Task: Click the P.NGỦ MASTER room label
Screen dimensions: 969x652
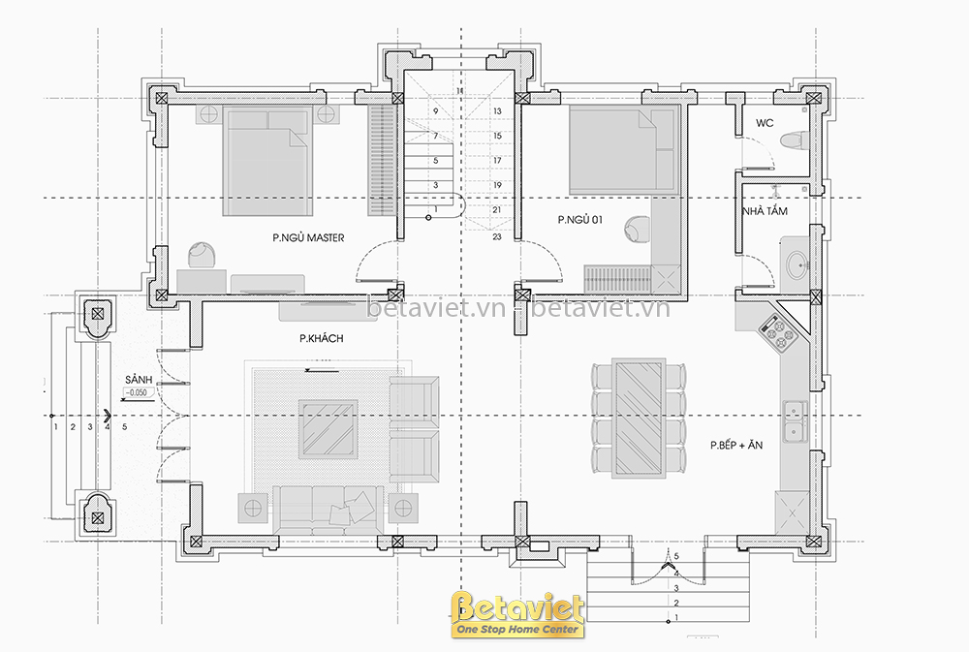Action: pyautogui.click(x=308, y=237)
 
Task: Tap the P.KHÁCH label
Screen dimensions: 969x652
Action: pyautogui.click(x=322, y=339)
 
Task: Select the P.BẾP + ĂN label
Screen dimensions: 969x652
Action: pyautogui.click(x=736, y=445)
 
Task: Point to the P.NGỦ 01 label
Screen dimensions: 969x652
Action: pyautogui.click(x=579, y=219)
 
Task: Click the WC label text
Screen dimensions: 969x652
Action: pyautogui.click(x=765, y=123)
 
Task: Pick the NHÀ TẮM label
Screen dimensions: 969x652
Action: pyautogui.click(x=766, y=211)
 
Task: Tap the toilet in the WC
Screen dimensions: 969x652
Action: pyautogui.click(x=794, y=140)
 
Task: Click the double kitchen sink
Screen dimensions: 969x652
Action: pyautogui.click(x=796, y=421)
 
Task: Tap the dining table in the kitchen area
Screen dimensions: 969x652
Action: pyautogui.click(x=639, y=418)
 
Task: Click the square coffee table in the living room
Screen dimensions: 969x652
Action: pyautogui.click(x=328, y=429)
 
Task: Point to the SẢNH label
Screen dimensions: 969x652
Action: pyautogui.click(x=139, y=380)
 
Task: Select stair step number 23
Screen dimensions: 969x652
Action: pyautogui.click(x=497, y=236)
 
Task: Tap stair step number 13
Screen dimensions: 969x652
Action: pyautogui.click(x=497, y=111)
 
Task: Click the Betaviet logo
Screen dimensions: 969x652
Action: pyautogui.click(x=517, y=614)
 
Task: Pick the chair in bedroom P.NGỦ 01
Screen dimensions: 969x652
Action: pyautogui.click(x=638, y=230)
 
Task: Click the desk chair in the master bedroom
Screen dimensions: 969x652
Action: pyautogui.click(x=202, y=255)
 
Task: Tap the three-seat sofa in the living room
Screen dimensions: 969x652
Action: pyautogui.click(x=328, y=510)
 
